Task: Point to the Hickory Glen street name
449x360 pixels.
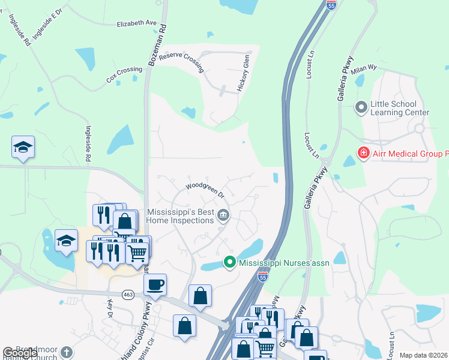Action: click(x=244, y=73)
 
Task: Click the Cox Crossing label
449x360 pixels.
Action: click(x=124, y=74)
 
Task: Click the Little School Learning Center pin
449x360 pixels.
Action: click(x=361, y=108)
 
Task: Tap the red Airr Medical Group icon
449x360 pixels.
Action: click(x=363, y=154)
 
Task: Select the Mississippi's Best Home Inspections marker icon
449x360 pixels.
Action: click(x=223, y=215)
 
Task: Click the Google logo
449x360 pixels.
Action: click(x=20, y=353)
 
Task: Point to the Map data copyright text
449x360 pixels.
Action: click(x=423, y=355)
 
